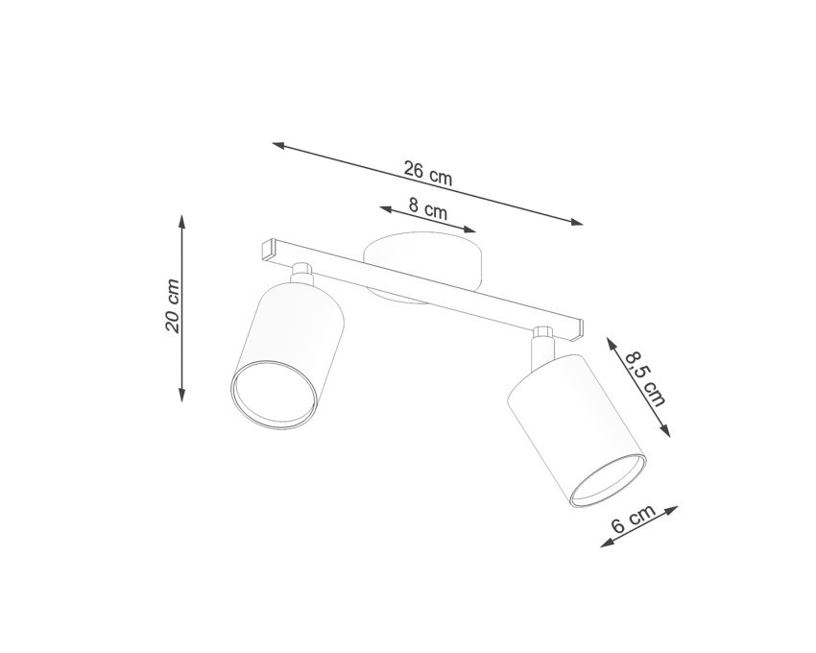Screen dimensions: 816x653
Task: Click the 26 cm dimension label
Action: [428, 173]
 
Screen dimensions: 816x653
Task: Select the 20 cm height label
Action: [172, 306]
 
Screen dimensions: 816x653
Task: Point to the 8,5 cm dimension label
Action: [646, 379]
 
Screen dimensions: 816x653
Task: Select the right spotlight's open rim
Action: [608, 480]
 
